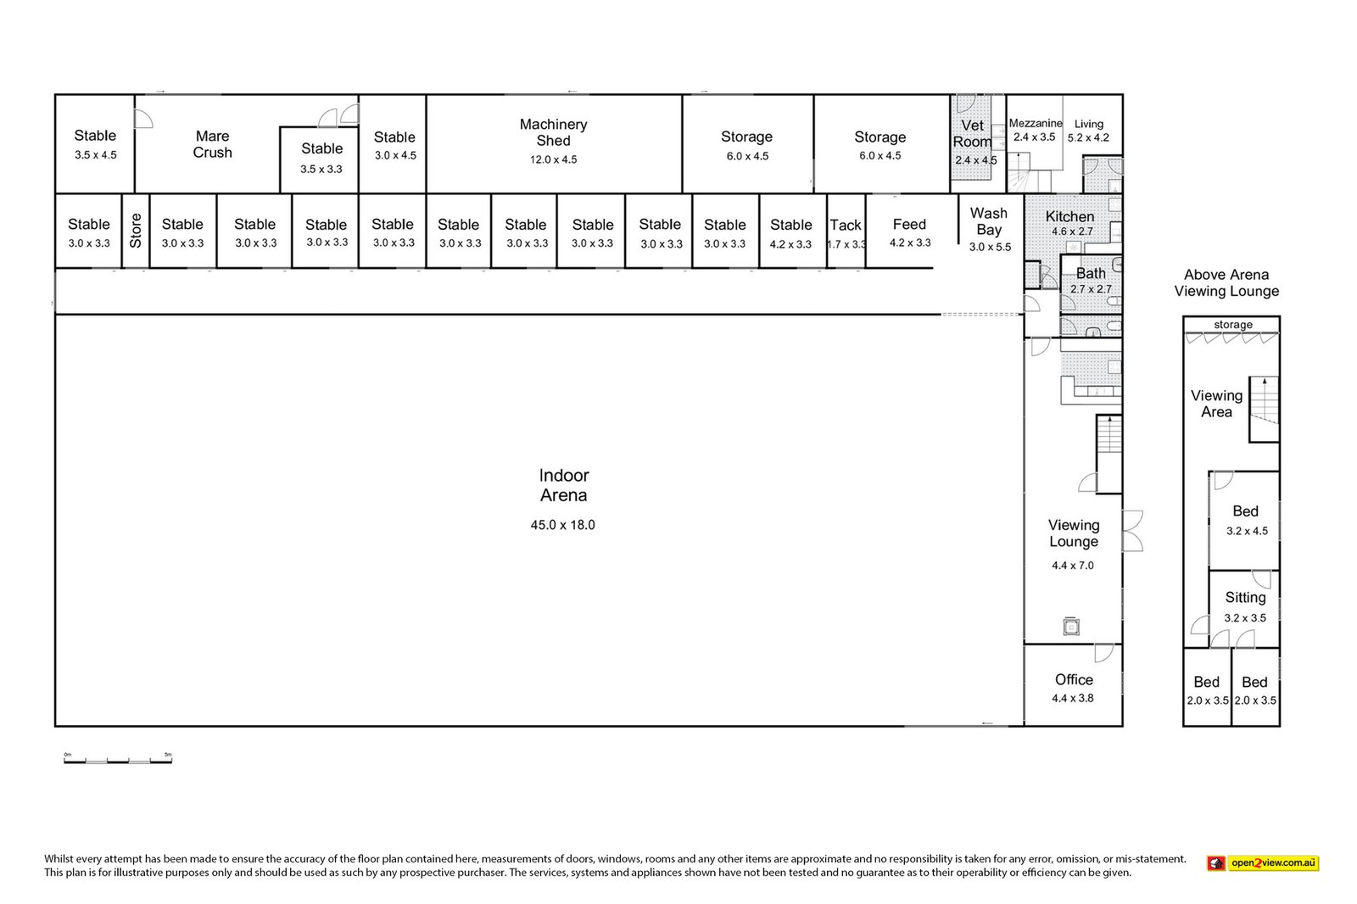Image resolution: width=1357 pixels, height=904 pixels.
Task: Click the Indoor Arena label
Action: (x=563, y=486)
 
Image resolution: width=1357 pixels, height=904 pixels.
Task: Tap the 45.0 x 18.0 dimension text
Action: (x=563, y=525)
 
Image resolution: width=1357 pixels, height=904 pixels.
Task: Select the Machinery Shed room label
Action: (x=553, y=132)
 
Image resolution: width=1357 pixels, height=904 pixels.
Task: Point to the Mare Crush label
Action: (x=212, y=144)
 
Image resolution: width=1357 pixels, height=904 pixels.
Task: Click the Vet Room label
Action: (x=972, y=133)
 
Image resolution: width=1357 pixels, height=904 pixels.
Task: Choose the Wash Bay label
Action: (x=989, y=221)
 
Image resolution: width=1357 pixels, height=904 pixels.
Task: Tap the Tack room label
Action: (x=846, y=225)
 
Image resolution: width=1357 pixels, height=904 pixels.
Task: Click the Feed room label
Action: (x=909, y=224)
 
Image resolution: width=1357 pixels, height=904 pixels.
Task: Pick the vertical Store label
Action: (x=136, y=231)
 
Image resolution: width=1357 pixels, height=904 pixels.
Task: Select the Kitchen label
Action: (x=1069, y=216)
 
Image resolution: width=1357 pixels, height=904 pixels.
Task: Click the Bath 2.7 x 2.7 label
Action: (x=1091, y=280)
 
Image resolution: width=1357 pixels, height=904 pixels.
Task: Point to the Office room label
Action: (x=1074, y=679)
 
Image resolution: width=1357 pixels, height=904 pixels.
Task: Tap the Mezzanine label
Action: (x=1035, y=124)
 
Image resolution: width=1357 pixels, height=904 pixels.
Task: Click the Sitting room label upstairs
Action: (x=1245, y=597)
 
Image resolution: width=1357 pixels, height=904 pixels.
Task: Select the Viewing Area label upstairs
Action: (x=1216, y=404)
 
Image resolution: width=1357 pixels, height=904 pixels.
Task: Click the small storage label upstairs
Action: (x=1232, y=325)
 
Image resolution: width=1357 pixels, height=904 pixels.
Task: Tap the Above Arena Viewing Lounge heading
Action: (x=1226, y=282)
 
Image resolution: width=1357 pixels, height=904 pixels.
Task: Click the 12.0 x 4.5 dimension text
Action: (x=553, y=159)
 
